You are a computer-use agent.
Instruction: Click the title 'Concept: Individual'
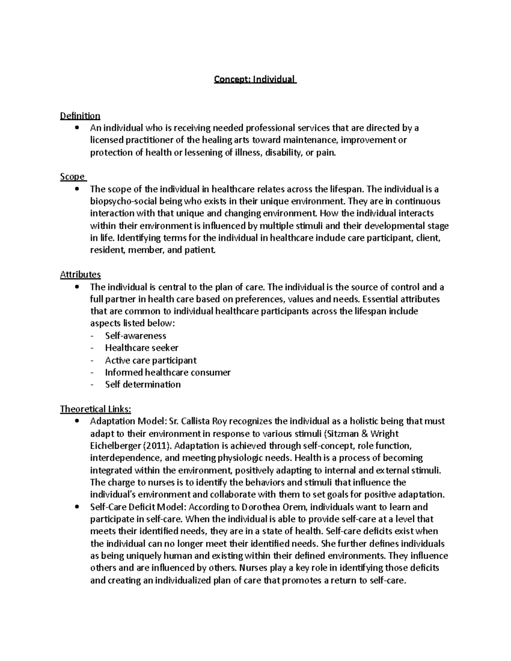tap(255, 80)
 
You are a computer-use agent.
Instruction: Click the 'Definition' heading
tap(80, 116)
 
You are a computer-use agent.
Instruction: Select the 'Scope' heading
tap(72, 177)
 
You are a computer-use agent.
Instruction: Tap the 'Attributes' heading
tap(80, 275)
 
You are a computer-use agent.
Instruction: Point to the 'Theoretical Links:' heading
tap(95, 409)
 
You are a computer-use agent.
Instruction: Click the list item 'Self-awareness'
tap(135, 336)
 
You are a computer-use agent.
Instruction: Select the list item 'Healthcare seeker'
tap(141, 348)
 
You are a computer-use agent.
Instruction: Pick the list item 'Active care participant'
tap(151, 361)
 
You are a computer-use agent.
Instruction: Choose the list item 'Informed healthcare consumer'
tap(168, 372)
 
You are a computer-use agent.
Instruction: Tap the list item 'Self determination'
tap(143, 384)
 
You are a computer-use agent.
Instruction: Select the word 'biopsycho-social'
tap(121, 201)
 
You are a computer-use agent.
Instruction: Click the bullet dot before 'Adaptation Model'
tap(77, 421)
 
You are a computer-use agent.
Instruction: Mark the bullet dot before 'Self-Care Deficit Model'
tap(77, 507)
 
